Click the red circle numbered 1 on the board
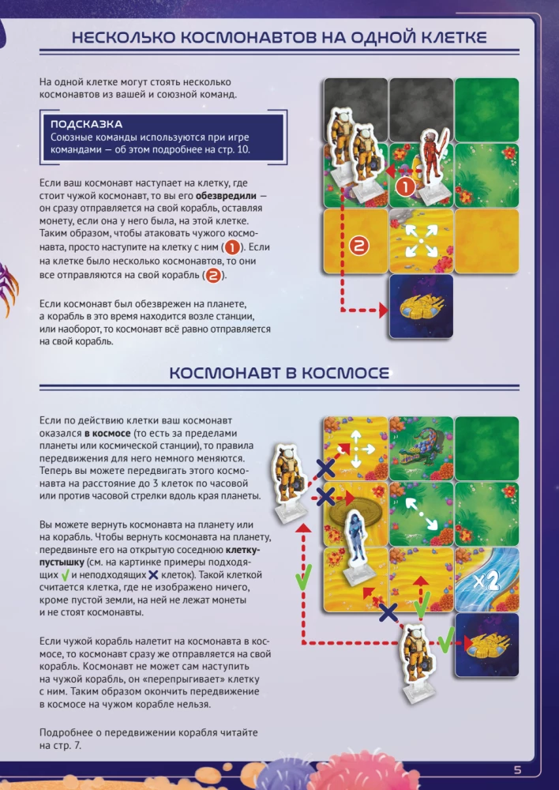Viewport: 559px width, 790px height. pyautogui.click(x=405, y=187)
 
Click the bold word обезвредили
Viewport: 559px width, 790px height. pyautogui.click(x=230, y=196)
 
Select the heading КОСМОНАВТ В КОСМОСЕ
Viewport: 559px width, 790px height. pyautogui.click(x=280, y=374)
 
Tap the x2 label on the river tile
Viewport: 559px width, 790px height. pyautogui.click(x=486, y=582)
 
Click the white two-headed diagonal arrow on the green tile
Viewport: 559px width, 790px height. pyautogui.click(x=422, y=513)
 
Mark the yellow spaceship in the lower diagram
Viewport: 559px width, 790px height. pyautogui.click(x=486, y=645)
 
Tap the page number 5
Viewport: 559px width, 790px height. pyautogui.click(x=518, y=771)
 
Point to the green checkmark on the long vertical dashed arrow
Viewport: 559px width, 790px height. pyautogui.click(x=301, y=581)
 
